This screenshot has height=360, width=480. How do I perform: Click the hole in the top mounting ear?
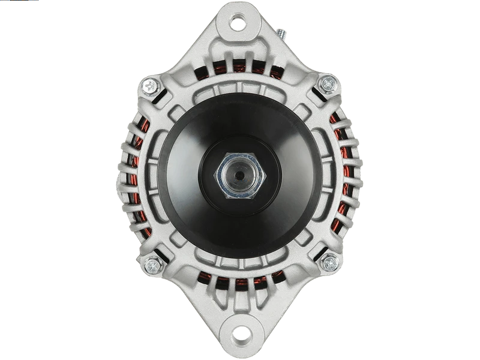click(238, 23)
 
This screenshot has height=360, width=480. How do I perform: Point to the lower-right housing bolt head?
click(329, 262)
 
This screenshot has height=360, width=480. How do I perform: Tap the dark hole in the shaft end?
click(240, 175)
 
